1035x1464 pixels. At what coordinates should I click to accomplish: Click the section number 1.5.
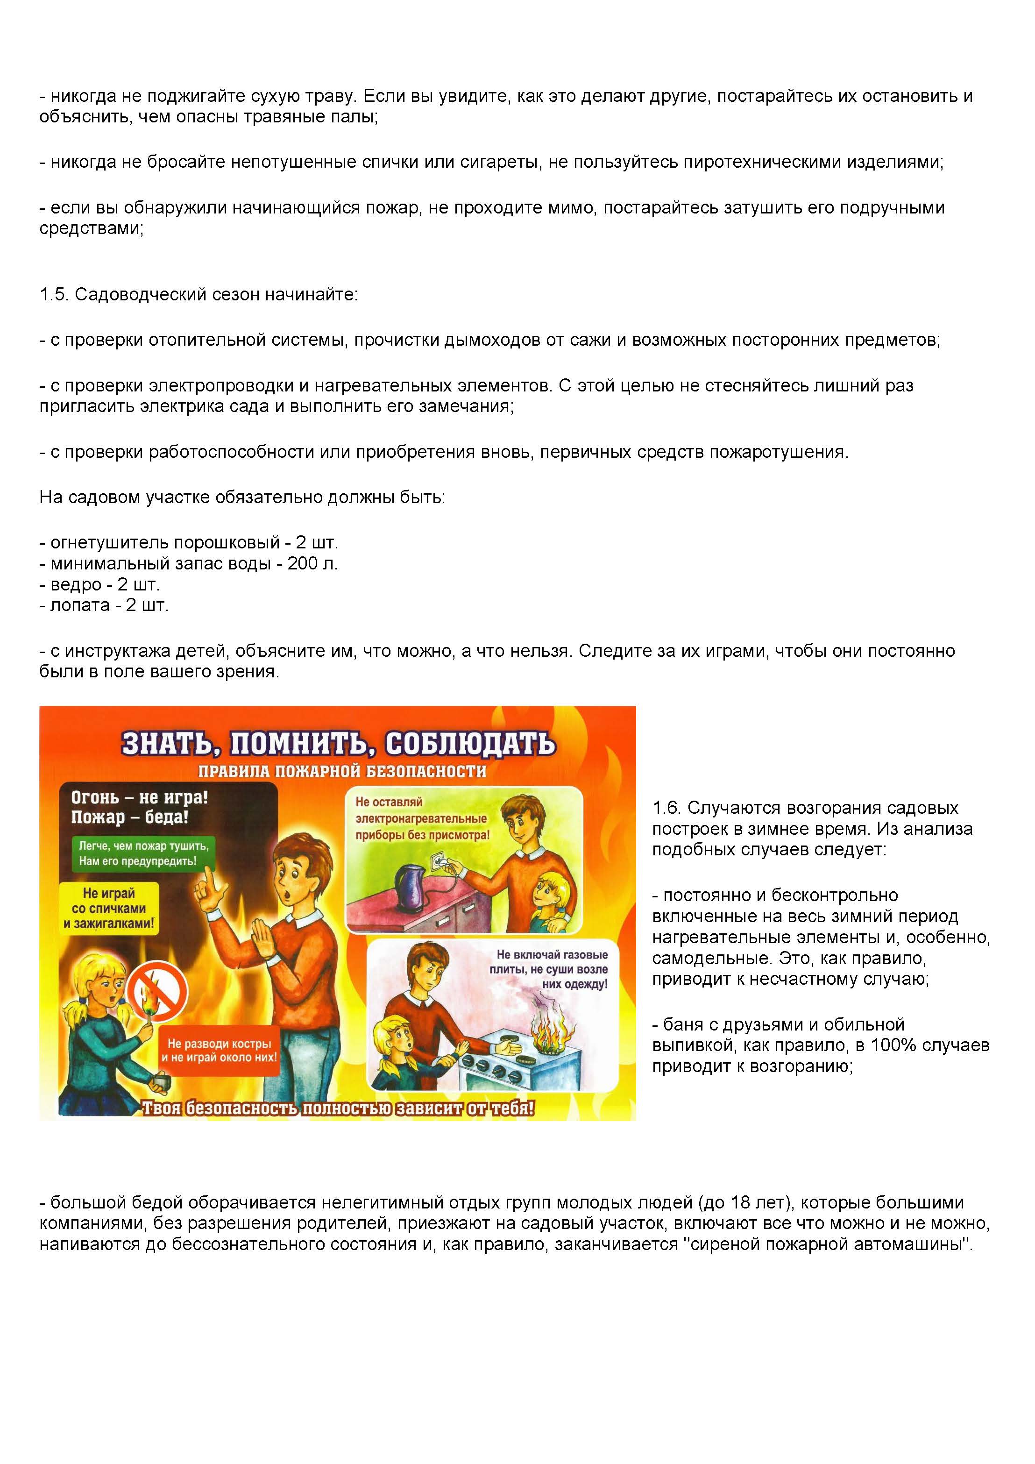(54, 295)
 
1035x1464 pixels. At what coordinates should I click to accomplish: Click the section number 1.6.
(666, 808)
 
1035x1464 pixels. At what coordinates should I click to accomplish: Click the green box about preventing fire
(138, 853)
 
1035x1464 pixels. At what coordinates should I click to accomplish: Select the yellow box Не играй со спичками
(108, 908)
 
